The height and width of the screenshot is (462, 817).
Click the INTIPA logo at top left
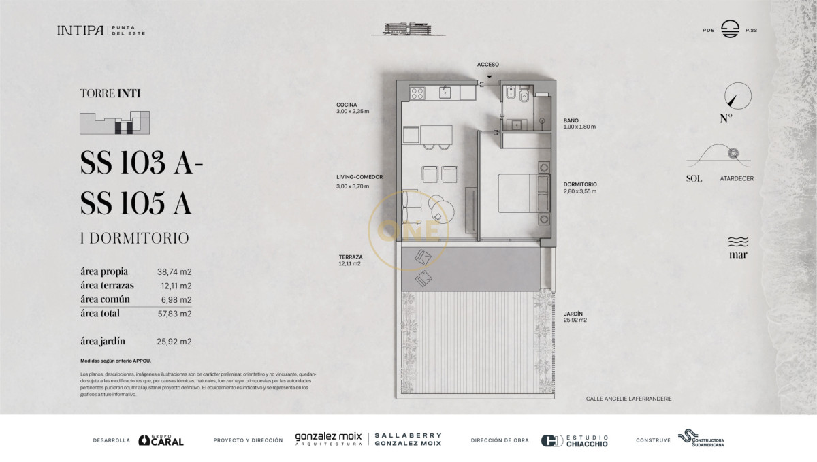[80, 31]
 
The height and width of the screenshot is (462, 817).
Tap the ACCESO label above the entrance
[487, 64]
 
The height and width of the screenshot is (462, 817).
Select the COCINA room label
[347, 105]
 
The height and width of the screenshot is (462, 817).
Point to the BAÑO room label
[572, 119]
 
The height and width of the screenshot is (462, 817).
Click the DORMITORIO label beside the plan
[580, 184]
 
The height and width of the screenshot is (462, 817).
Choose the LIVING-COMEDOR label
[359, 177]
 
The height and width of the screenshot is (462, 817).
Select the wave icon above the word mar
[738, 242]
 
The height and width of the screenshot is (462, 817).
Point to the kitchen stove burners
[417, 93]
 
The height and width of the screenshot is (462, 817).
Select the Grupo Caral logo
[161, 440]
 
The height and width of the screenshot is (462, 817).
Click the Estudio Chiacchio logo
[575, 440]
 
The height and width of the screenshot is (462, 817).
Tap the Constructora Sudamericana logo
[701, 439]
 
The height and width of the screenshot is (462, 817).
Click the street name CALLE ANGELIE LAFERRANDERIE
[628, 399]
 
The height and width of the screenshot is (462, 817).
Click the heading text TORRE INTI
[110, 95]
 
